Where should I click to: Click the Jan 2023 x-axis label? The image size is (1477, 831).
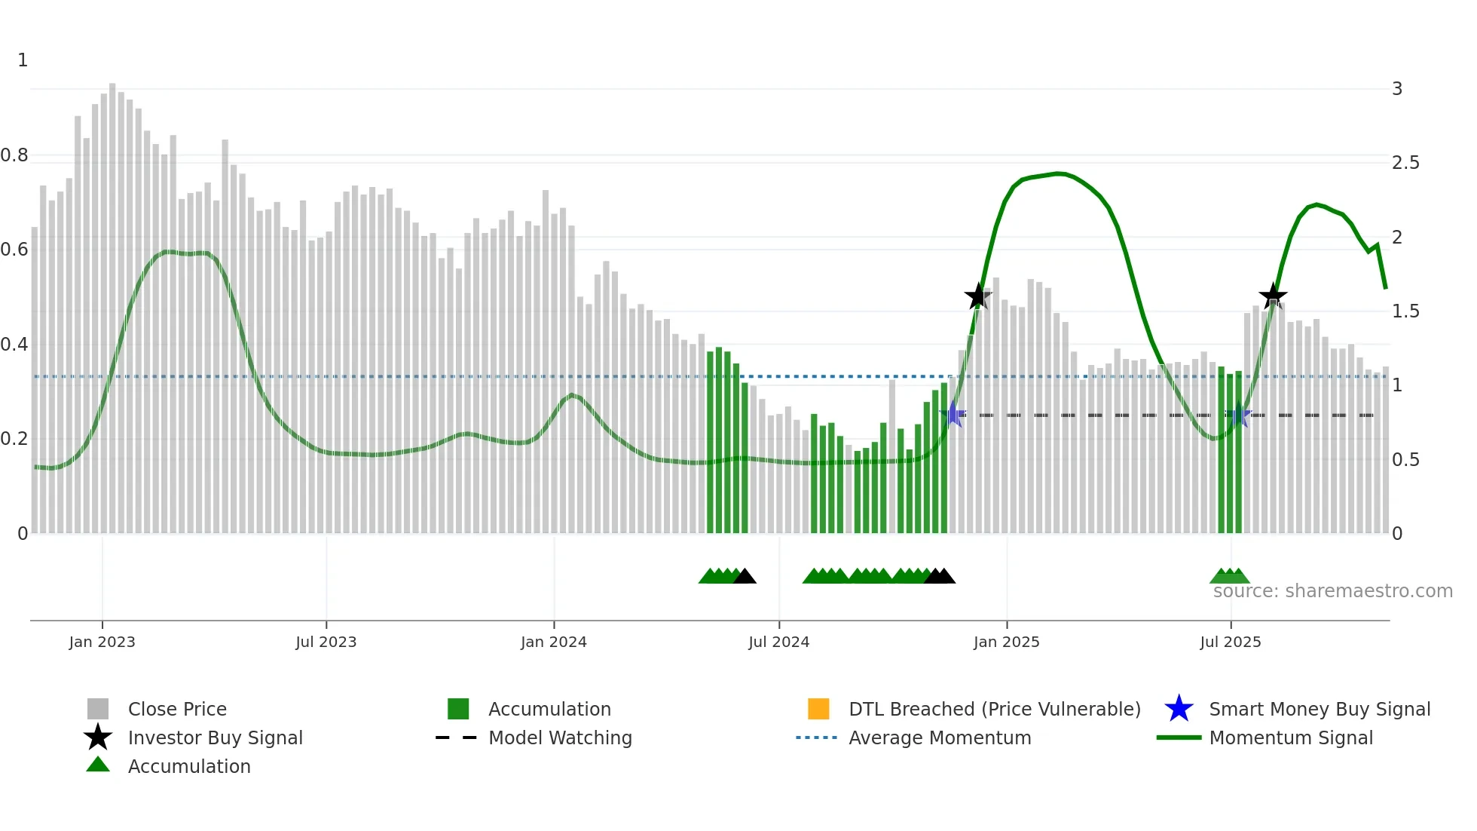102,642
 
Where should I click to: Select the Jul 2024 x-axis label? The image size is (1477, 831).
778,642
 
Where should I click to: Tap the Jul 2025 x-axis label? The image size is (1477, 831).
1230,642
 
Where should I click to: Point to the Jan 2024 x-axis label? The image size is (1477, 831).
553,642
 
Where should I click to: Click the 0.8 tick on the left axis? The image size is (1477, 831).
14,155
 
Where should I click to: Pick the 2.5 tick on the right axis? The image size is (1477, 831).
1405,163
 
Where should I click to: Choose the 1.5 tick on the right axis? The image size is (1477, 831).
1405,311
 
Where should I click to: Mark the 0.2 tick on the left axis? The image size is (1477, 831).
14,439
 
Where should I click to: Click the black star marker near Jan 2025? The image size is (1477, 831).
977,296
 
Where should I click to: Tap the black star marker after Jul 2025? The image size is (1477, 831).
1273,296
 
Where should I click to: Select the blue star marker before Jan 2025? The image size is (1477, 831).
953,414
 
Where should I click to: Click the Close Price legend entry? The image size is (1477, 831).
177,709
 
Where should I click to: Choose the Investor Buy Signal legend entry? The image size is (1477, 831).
215,737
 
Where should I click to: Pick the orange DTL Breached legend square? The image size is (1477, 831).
818,709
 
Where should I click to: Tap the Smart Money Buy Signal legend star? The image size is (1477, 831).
1179,709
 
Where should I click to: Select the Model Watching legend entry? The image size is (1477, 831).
560,737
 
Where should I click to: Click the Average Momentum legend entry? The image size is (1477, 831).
939,737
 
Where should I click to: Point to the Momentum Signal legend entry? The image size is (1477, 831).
1290,737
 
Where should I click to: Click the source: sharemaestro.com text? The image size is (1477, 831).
1332,591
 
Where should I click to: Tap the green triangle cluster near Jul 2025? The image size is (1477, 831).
1230,577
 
